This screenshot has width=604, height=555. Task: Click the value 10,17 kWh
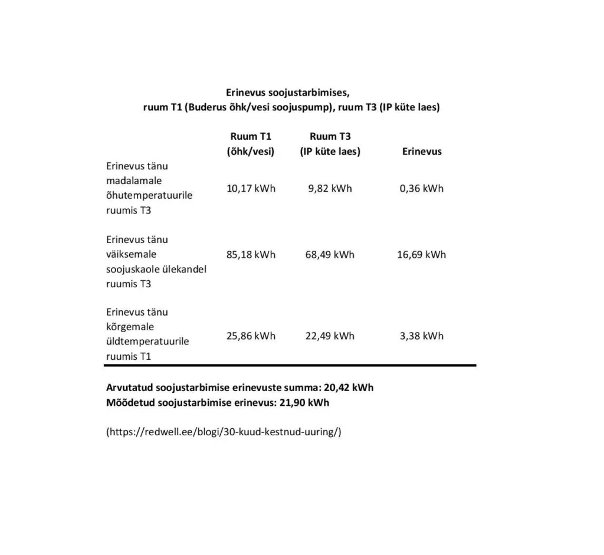pyautogui.click(x=251, y=189)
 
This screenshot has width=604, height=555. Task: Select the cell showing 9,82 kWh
pyautogui.click(x=330, y=189)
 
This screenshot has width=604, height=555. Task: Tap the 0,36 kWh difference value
pyautogui.click(x=421, y=189)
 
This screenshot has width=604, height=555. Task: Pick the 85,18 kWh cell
pyautogui.click(x=251, y=255)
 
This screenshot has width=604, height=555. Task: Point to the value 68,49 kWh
pyautogui.click(x=330, y=255)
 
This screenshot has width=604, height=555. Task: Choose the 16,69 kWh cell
pyautogui.click(x=421, y=255)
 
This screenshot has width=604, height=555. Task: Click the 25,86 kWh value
pyautogui.click(x=251, y=336)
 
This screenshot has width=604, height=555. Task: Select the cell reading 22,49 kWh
pyautogui.click(x=330, y=336)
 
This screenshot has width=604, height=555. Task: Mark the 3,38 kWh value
pyautogui.click(x=421, y=336)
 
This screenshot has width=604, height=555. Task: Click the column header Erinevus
pyautogui.click(x=422, y=152)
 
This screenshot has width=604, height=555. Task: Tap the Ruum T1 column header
pyautogui.click(x=251, y=137)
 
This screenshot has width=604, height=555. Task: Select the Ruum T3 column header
pyautogui.click(x=330, y=137)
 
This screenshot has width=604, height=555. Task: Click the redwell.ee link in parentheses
pyautogui.click(x=224, y=432)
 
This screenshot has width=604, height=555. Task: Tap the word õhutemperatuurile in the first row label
pyautogui.click(x=149, y=195)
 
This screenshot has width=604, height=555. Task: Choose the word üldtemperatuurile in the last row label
pyautogui.click(x=147, y=341)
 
